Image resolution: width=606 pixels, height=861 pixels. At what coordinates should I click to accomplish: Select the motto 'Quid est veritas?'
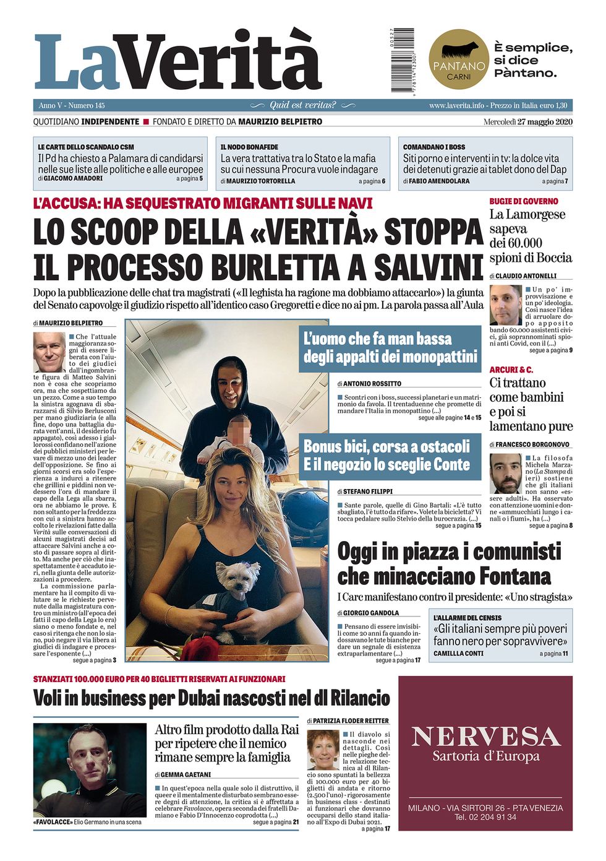pos(302,105)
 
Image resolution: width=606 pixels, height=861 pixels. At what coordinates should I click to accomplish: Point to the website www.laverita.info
pos(456,106)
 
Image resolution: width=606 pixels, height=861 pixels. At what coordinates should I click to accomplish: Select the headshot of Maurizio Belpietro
pos(49,352)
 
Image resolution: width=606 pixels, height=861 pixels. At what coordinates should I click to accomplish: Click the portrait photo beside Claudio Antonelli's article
pos(505,305)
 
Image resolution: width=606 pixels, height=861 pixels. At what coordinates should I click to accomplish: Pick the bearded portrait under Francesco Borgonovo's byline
pos(505,474)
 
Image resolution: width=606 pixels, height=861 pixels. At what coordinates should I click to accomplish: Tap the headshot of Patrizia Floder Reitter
pos(323,750)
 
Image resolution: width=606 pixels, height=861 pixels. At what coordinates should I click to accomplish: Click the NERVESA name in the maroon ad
pos(485,737)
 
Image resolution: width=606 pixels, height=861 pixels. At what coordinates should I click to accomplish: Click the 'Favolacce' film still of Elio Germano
pos(90,769)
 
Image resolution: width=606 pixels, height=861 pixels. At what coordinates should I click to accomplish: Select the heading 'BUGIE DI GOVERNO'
pos(523,201)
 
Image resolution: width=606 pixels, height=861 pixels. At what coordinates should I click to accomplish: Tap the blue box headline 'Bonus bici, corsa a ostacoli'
pos(386,446)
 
